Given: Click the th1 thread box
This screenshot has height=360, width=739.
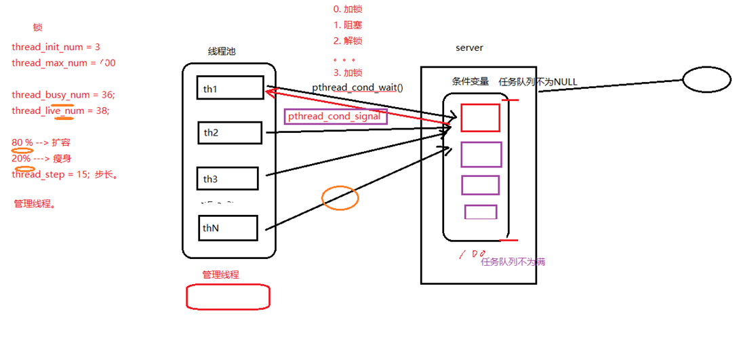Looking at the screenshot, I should (x=228, y=87).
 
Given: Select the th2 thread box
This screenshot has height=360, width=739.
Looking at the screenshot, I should (x=230, y=133).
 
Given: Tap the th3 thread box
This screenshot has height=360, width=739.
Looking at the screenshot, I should (x=228, y=178).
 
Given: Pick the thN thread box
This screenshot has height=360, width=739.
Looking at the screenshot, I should (x=228, y=228).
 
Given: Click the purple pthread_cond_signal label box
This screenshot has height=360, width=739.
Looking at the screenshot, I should (x=336, y=117).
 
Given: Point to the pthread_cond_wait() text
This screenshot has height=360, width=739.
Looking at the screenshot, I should (x=357, y=87).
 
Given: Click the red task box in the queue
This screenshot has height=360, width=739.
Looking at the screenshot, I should (x=480, y=118).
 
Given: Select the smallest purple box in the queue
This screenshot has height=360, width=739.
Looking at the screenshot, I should (x=481, y=212).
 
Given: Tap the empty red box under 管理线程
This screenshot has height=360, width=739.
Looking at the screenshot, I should (x=228, y=296).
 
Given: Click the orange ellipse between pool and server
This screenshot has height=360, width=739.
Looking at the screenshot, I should (x=340, y=197).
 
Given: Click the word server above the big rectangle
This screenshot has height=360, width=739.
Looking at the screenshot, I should (x=469, y=47).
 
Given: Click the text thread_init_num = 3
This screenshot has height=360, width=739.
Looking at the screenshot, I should (x=56, y=47).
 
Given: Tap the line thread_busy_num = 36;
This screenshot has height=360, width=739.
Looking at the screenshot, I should (x=63, y=94).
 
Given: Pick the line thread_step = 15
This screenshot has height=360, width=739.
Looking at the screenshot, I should (x=65, y=174).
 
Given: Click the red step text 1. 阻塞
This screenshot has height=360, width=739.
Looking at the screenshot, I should (x=348, y=25).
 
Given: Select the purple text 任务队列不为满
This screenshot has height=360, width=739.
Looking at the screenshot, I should (x=513, y=262).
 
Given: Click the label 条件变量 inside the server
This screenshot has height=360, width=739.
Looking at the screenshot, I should (x=471, y=81).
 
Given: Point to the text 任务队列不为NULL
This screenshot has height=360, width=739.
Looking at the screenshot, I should (x=538, y=81).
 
